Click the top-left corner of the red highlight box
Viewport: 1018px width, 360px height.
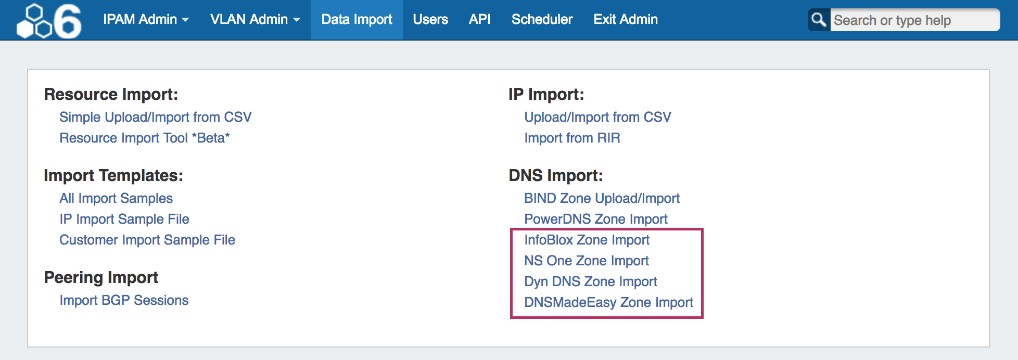tap(511, 229)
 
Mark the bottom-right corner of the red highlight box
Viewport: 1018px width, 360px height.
tap(703, 317)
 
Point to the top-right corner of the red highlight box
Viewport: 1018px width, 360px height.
tap(703, 229)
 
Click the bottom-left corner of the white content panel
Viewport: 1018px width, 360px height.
tap(28, 347)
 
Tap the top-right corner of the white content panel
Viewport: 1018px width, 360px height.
tap(989, 69)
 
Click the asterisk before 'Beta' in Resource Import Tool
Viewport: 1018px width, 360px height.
tap(195, 136)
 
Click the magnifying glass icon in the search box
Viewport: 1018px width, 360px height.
tap(819, 20)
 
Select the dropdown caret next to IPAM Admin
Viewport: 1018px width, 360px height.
tap(185, 20)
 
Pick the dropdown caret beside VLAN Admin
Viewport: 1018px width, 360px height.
tap(297, 20)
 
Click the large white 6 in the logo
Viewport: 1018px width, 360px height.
tap(68, 21)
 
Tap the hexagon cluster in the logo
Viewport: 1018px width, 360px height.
tap(34, 21)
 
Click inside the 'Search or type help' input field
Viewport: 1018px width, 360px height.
tap(914, 20)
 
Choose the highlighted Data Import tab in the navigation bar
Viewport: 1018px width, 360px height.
tap(357, 20)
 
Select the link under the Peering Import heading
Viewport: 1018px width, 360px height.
tap(124, 300)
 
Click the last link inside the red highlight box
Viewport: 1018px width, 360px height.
tap(608, 302)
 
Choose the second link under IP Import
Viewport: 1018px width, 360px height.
tap(572, 138)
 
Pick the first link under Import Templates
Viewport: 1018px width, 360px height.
tap(116, 198)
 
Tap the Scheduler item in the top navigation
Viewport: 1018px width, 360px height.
tap(542, 19)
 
